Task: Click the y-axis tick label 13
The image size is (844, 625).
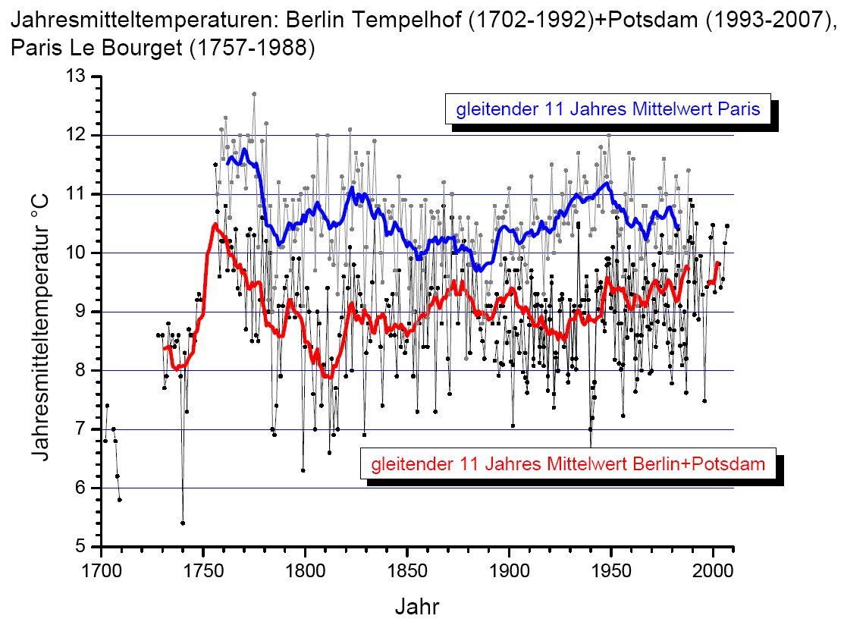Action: coord(77,77)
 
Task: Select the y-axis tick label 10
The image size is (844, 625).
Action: coord(77,253)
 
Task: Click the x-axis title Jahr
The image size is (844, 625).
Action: coord(416,606)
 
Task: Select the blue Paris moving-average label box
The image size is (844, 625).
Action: coord(607,109)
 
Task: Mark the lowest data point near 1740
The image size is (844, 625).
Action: coord(183,523)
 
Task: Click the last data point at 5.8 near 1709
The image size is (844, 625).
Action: coord(120,499)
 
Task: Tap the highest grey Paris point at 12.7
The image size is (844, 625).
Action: coord(254,94)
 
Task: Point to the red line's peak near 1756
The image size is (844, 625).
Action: coord(215,225)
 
